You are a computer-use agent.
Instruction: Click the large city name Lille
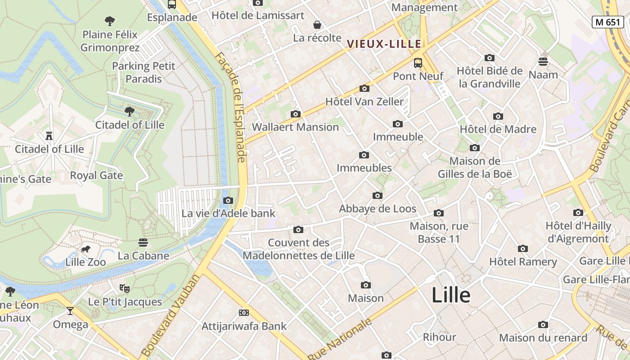coord(451,296)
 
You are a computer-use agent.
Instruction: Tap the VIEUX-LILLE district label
coord(384,44)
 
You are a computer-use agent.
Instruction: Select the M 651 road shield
coord(607,22)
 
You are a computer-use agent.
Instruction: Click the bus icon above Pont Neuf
coord(418,63)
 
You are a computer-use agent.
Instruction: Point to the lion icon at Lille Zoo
coord(85,249)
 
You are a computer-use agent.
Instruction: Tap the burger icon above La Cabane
coord(143,243)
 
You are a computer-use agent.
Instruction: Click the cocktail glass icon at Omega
coord(70,311)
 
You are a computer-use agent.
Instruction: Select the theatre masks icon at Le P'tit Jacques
coord(124,288)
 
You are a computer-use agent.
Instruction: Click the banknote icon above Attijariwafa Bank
coord(244,313)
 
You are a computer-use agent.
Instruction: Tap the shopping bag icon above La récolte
coord(317,25)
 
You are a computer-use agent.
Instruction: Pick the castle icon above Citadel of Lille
coord(49,135)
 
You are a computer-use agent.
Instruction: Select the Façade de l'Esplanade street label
coord(236,108)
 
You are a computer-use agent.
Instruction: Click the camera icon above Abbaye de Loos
coord(378,195)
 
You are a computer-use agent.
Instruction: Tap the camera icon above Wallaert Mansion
coord(296,114)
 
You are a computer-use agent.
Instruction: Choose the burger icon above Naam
coord(543,62)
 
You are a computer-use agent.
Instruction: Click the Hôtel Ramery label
coord(523,262)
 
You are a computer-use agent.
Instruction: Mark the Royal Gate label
coord(96,175)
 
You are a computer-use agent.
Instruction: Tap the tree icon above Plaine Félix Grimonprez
coord(109,21)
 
